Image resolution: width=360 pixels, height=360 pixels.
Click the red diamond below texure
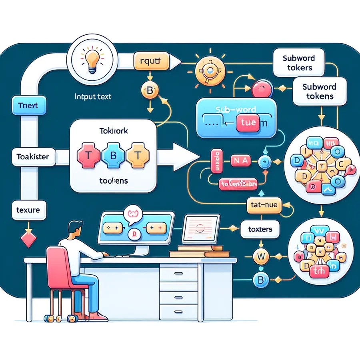(28, 240)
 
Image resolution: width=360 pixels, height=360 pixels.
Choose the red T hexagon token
(88, 156)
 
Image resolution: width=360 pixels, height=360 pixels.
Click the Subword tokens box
(319, 92)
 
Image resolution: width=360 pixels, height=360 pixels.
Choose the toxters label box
(260, 229)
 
